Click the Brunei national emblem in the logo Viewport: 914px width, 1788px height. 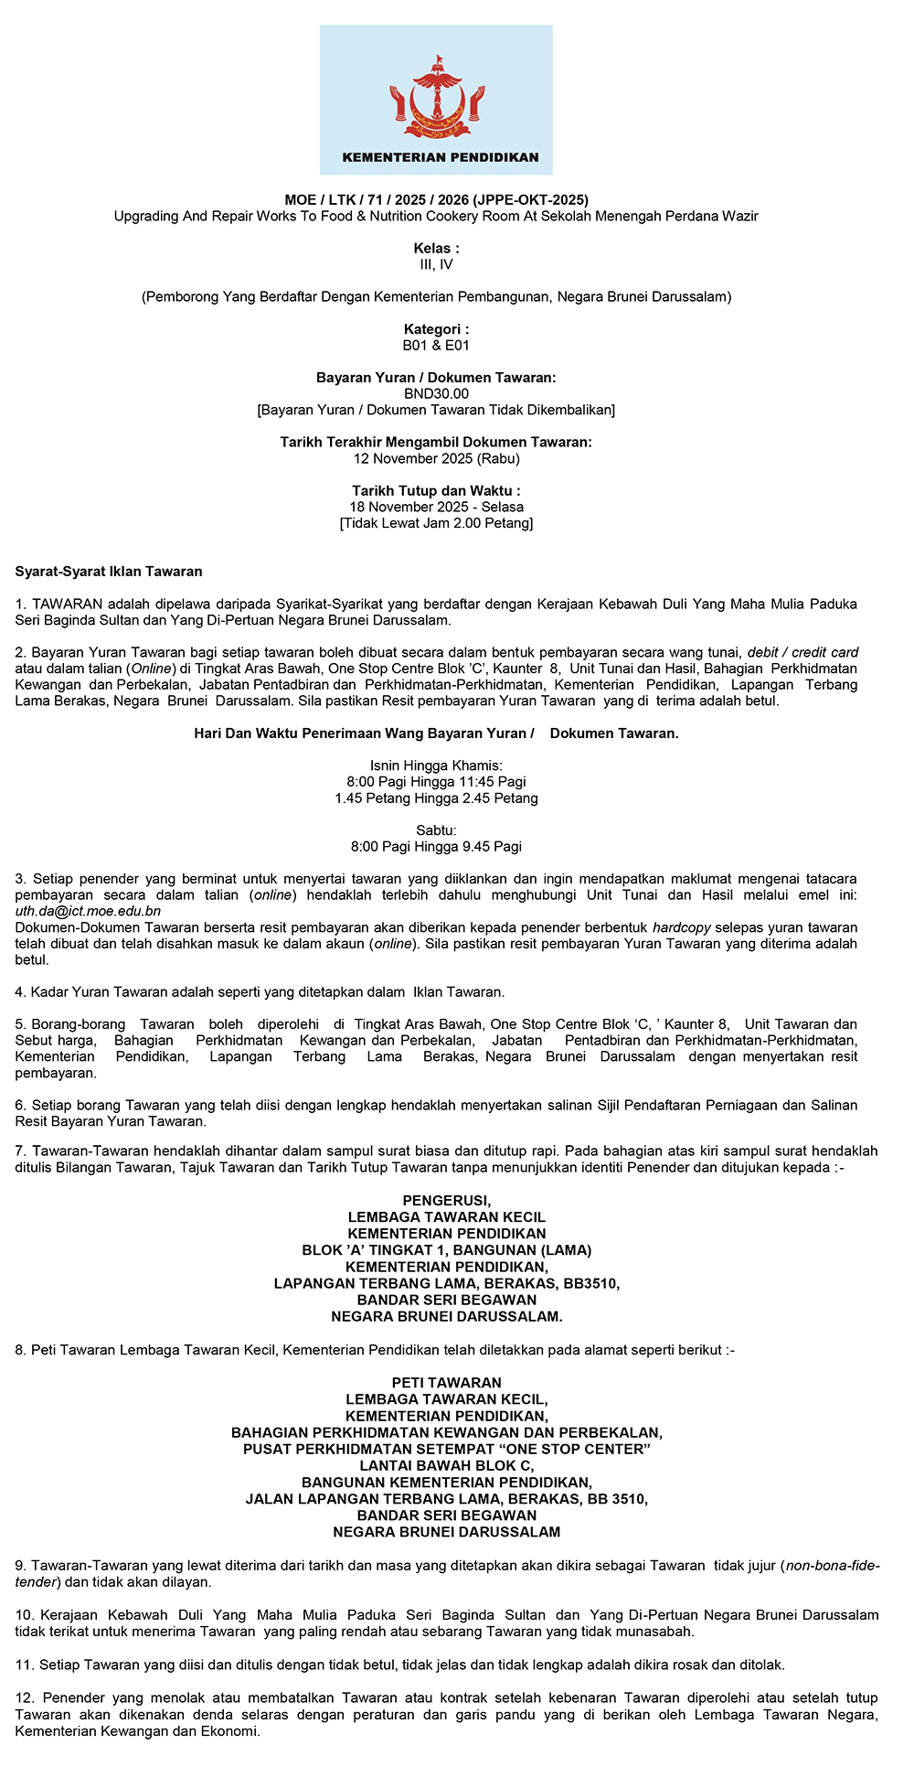(x=436, y=95)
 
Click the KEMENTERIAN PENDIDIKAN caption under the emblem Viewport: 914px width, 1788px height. (x=440, y=157)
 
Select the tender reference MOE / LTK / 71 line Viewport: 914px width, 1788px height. (x=436, y=199)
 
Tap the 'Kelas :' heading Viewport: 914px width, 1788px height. (x=436, y=249)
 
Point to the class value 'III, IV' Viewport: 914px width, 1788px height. (x=436, y=265)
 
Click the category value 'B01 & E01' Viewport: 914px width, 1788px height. (x=436, y=346)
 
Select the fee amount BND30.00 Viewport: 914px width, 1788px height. (x=436, y=394)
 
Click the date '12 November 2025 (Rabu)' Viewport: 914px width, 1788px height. (x=436, y=459)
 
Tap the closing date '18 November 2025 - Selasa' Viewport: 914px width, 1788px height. (x=436, y=508)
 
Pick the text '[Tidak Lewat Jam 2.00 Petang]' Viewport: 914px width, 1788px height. (x=436, y=524)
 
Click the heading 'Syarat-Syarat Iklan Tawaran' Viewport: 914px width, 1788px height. (x=109, y=573)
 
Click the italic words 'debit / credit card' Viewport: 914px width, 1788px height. (x=802, y=653)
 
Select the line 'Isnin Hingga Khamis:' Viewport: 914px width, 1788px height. (x=436, y=766)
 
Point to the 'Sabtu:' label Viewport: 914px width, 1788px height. (x=436, y=830)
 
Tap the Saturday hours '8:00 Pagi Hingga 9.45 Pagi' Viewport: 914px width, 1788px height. (x=436, y=847)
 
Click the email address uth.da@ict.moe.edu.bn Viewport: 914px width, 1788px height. (x=88, y=912)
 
